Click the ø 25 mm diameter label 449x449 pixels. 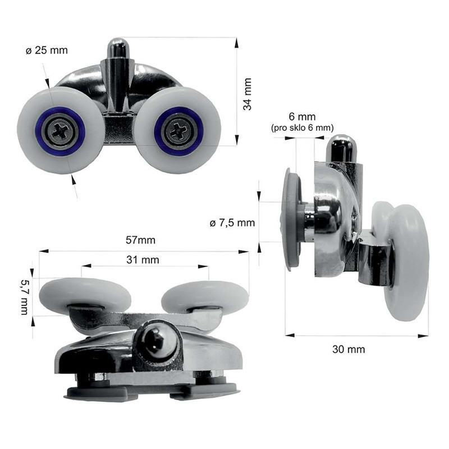(x=47, y=51)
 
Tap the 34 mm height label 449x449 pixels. (x=247, y=94)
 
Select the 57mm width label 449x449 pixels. (x=141, y=240)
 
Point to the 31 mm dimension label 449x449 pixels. (x=143, y=260)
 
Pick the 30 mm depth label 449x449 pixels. (x=349, y=349)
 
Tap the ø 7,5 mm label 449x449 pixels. (x=232, y=223)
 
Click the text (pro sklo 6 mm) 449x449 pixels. (x=303, y=128)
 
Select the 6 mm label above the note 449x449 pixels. (x=303, y=117)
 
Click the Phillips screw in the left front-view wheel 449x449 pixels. (x=61, y=131)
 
